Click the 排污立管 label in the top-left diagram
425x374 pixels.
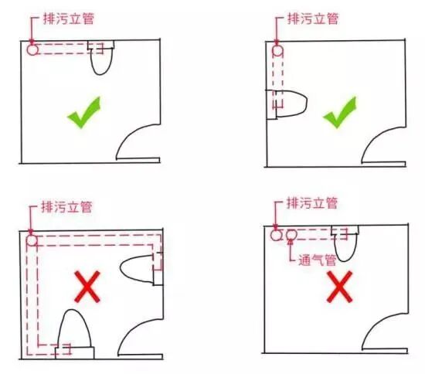(69, 19)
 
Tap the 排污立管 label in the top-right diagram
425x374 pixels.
(313, 19)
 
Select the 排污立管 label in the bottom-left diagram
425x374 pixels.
(66, 207)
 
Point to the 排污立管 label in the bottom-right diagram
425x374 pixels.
(312, 203)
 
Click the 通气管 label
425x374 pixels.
(318, 260)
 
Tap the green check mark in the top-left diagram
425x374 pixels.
(84, 112)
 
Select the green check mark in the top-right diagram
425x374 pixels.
(340, 112)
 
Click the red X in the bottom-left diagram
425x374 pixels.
(87, 287)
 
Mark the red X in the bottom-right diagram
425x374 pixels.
(340, 287)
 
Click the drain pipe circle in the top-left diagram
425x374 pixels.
(32, 50)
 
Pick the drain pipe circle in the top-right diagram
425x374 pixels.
(277, 51)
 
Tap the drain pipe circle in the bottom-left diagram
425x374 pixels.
(32, 240)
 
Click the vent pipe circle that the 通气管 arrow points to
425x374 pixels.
(291, 235)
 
